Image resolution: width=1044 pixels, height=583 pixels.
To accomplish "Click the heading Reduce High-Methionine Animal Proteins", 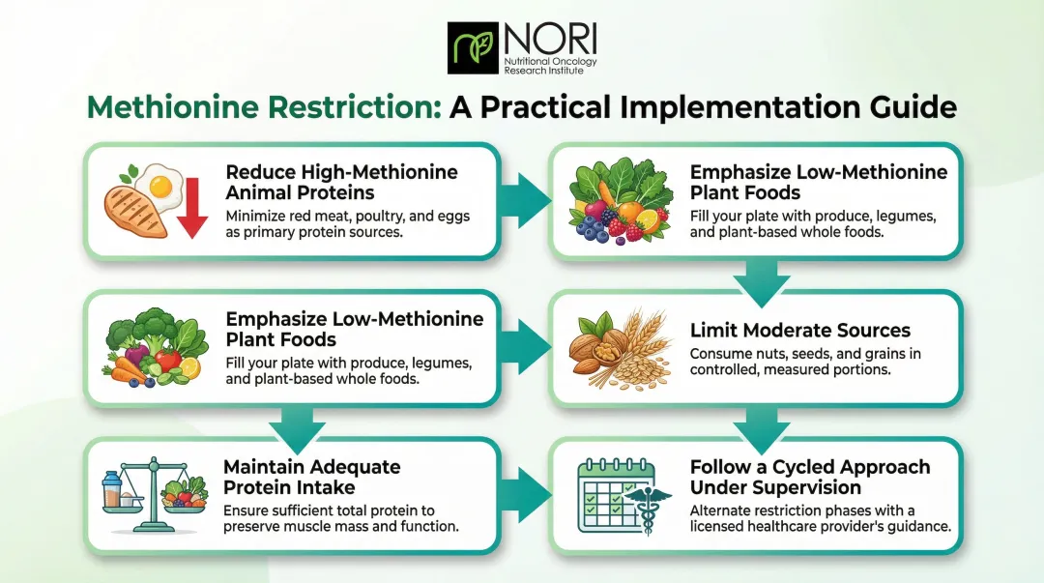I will [341, 182].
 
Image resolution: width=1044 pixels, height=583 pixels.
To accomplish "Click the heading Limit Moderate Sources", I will [799, 331].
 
